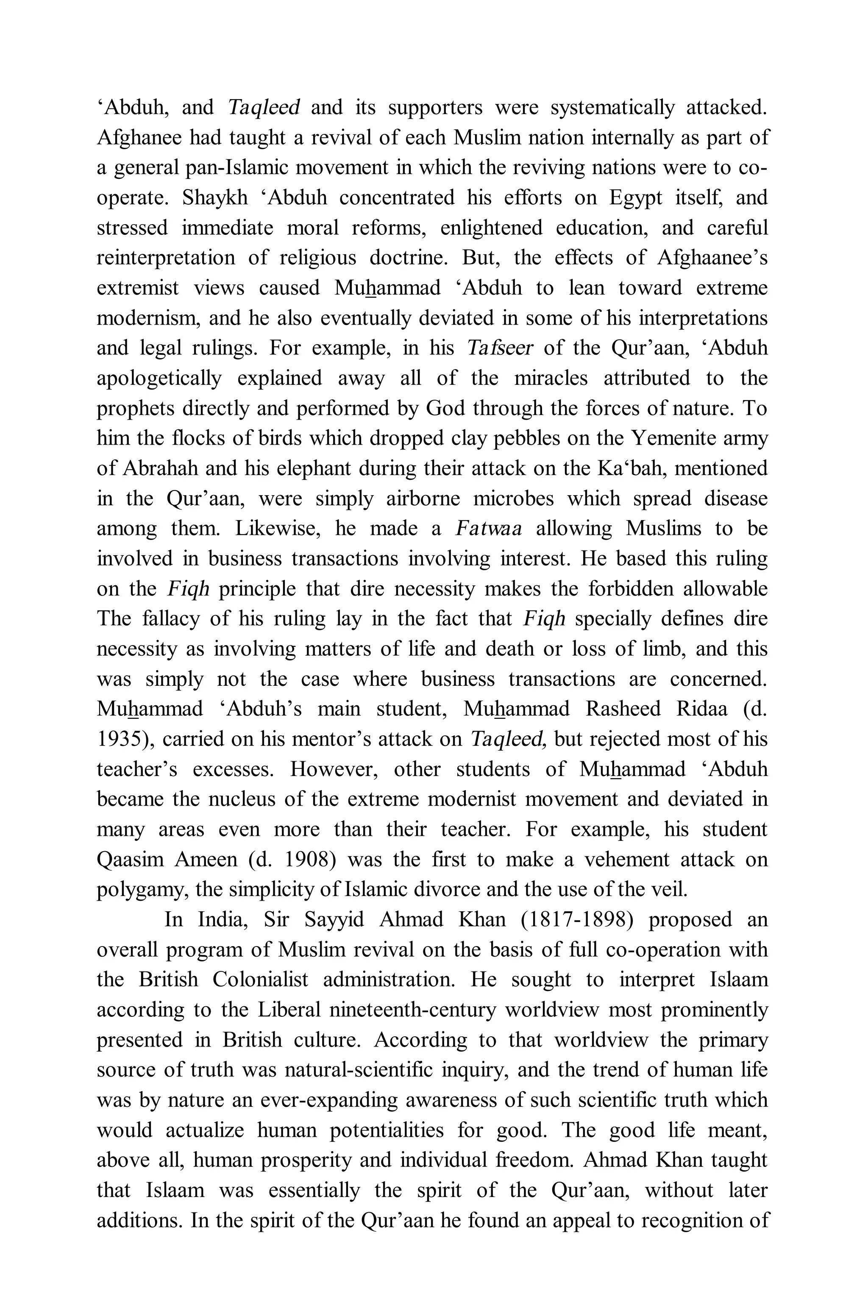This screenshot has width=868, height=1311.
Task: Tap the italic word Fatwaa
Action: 488,529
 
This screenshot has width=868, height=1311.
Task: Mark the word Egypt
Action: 635,198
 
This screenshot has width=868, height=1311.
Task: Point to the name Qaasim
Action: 130,860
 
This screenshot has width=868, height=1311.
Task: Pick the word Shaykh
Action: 215,198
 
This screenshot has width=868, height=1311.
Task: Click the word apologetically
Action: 159,379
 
